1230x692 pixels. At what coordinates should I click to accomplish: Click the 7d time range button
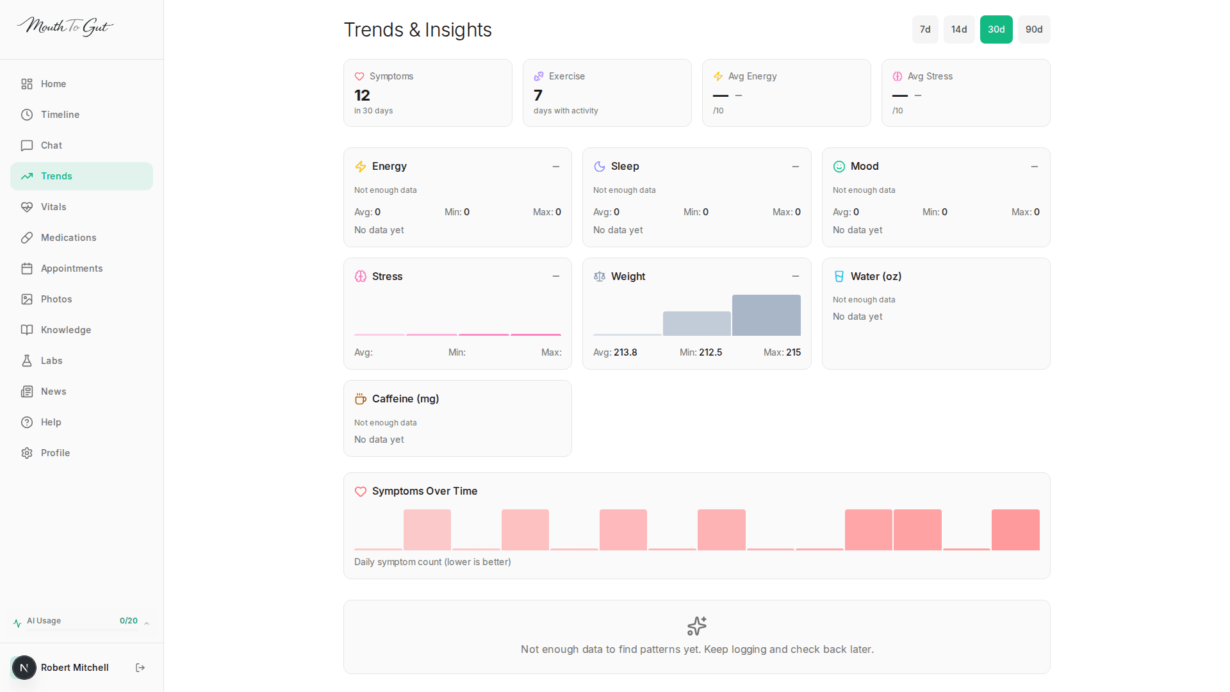[924, 29]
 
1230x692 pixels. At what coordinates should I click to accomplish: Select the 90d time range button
[1033, 29]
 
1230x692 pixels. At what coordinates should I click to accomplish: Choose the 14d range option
[958, 29]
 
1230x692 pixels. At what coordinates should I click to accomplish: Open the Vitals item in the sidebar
[53, 207]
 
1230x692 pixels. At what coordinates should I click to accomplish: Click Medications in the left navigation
[68, 238]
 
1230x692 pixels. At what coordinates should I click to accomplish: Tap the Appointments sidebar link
[71, 268]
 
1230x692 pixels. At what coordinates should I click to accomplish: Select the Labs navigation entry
[51, 361]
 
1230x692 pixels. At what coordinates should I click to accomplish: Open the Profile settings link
[55, 453]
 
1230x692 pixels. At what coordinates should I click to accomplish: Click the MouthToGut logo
[65, 26]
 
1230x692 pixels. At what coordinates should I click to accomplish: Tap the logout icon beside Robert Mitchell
[140, 668]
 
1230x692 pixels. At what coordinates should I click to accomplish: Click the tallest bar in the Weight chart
[766, 315]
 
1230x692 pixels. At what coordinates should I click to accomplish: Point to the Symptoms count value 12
[362, 95]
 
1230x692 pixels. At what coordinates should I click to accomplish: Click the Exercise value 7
[538, 95]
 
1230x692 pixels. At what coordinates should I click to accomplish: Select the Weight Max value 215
[793, 352]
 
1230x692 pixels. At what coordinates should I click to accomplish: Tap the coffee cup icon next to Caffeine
[361, 399]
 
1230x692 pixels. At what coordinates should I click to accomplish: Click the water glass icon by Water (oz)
[839, 277]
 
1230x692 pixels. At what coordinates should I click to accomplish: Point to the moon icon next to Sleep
[600, 167]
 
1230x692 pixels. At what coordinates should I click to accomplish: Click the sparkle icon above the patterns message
[696, 625]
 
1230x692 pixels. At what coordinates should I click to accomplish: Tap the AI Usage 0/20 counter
[128, 621]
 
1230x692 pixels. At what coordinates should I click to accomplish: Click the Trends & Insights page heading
[418, 30]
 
